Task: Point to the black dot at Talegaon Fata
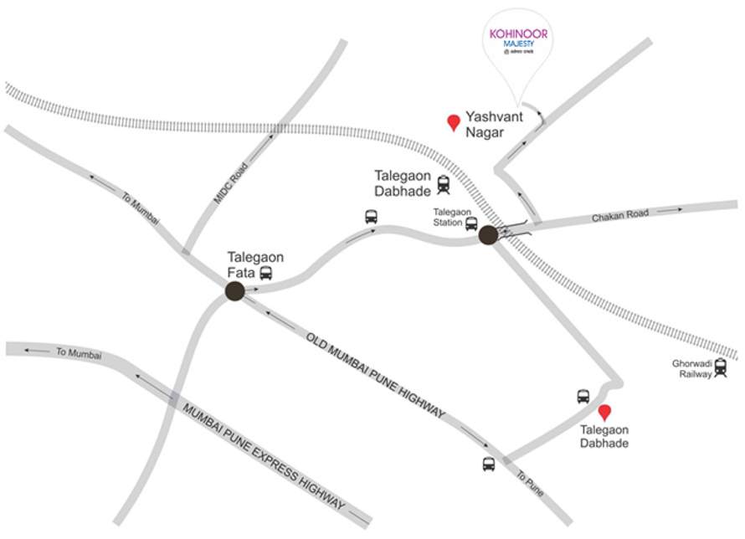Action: [234, 290]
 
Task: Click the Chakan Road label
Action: [620, 215]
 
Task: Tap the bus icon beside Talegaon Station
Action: [471, 223]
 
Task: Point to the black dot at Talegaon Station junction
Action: [488, 235]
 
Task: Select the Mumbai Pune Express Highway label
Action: [263, 453]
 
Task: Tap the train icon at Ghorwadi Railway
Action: [721, 368]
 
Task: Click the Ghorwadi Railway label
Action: [692, 368]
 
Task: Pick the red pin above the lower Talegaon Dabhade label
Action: [604, 413]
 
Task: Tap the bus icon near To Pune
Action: [488, 465]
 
